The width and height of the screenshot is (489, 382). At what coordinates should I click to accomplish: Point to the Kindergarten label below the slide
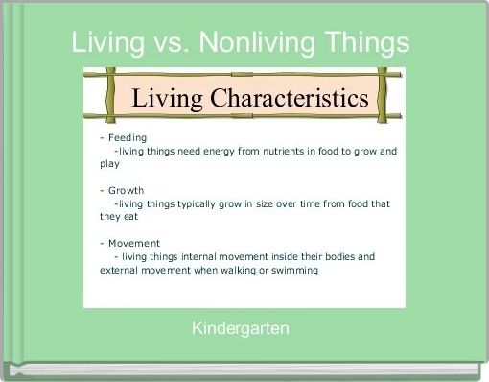click(x=241, y=329)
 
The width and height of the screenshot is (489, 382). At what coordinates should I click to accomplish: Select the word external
click(x=120, y=270)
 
